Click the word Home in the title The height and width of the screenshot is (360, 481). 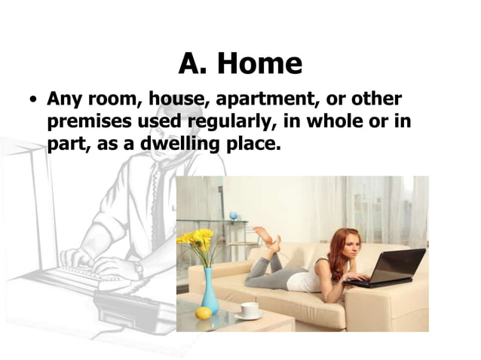(260, 64)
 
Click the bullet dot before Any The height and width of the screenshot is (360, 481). (33, 100)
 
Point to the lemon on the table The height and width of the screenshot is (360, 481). (204, 313)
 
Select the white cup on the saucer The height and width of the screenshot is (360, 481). (250, 310)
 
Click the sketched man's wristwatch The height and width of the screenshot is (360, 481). (139, 267)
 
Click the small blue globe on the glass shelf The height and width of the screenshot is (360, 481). (233, 216)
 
